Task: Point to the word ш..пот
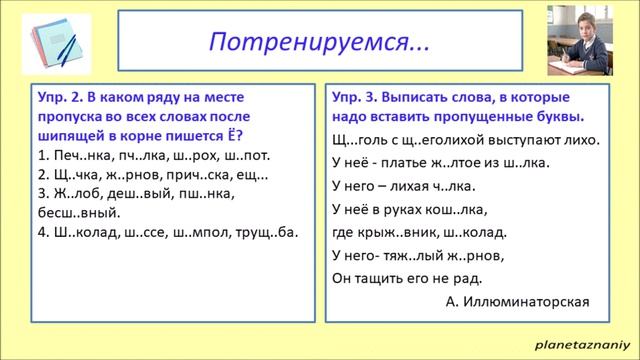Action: [246, 157]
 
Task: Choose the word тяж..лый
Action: [426, 255]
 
